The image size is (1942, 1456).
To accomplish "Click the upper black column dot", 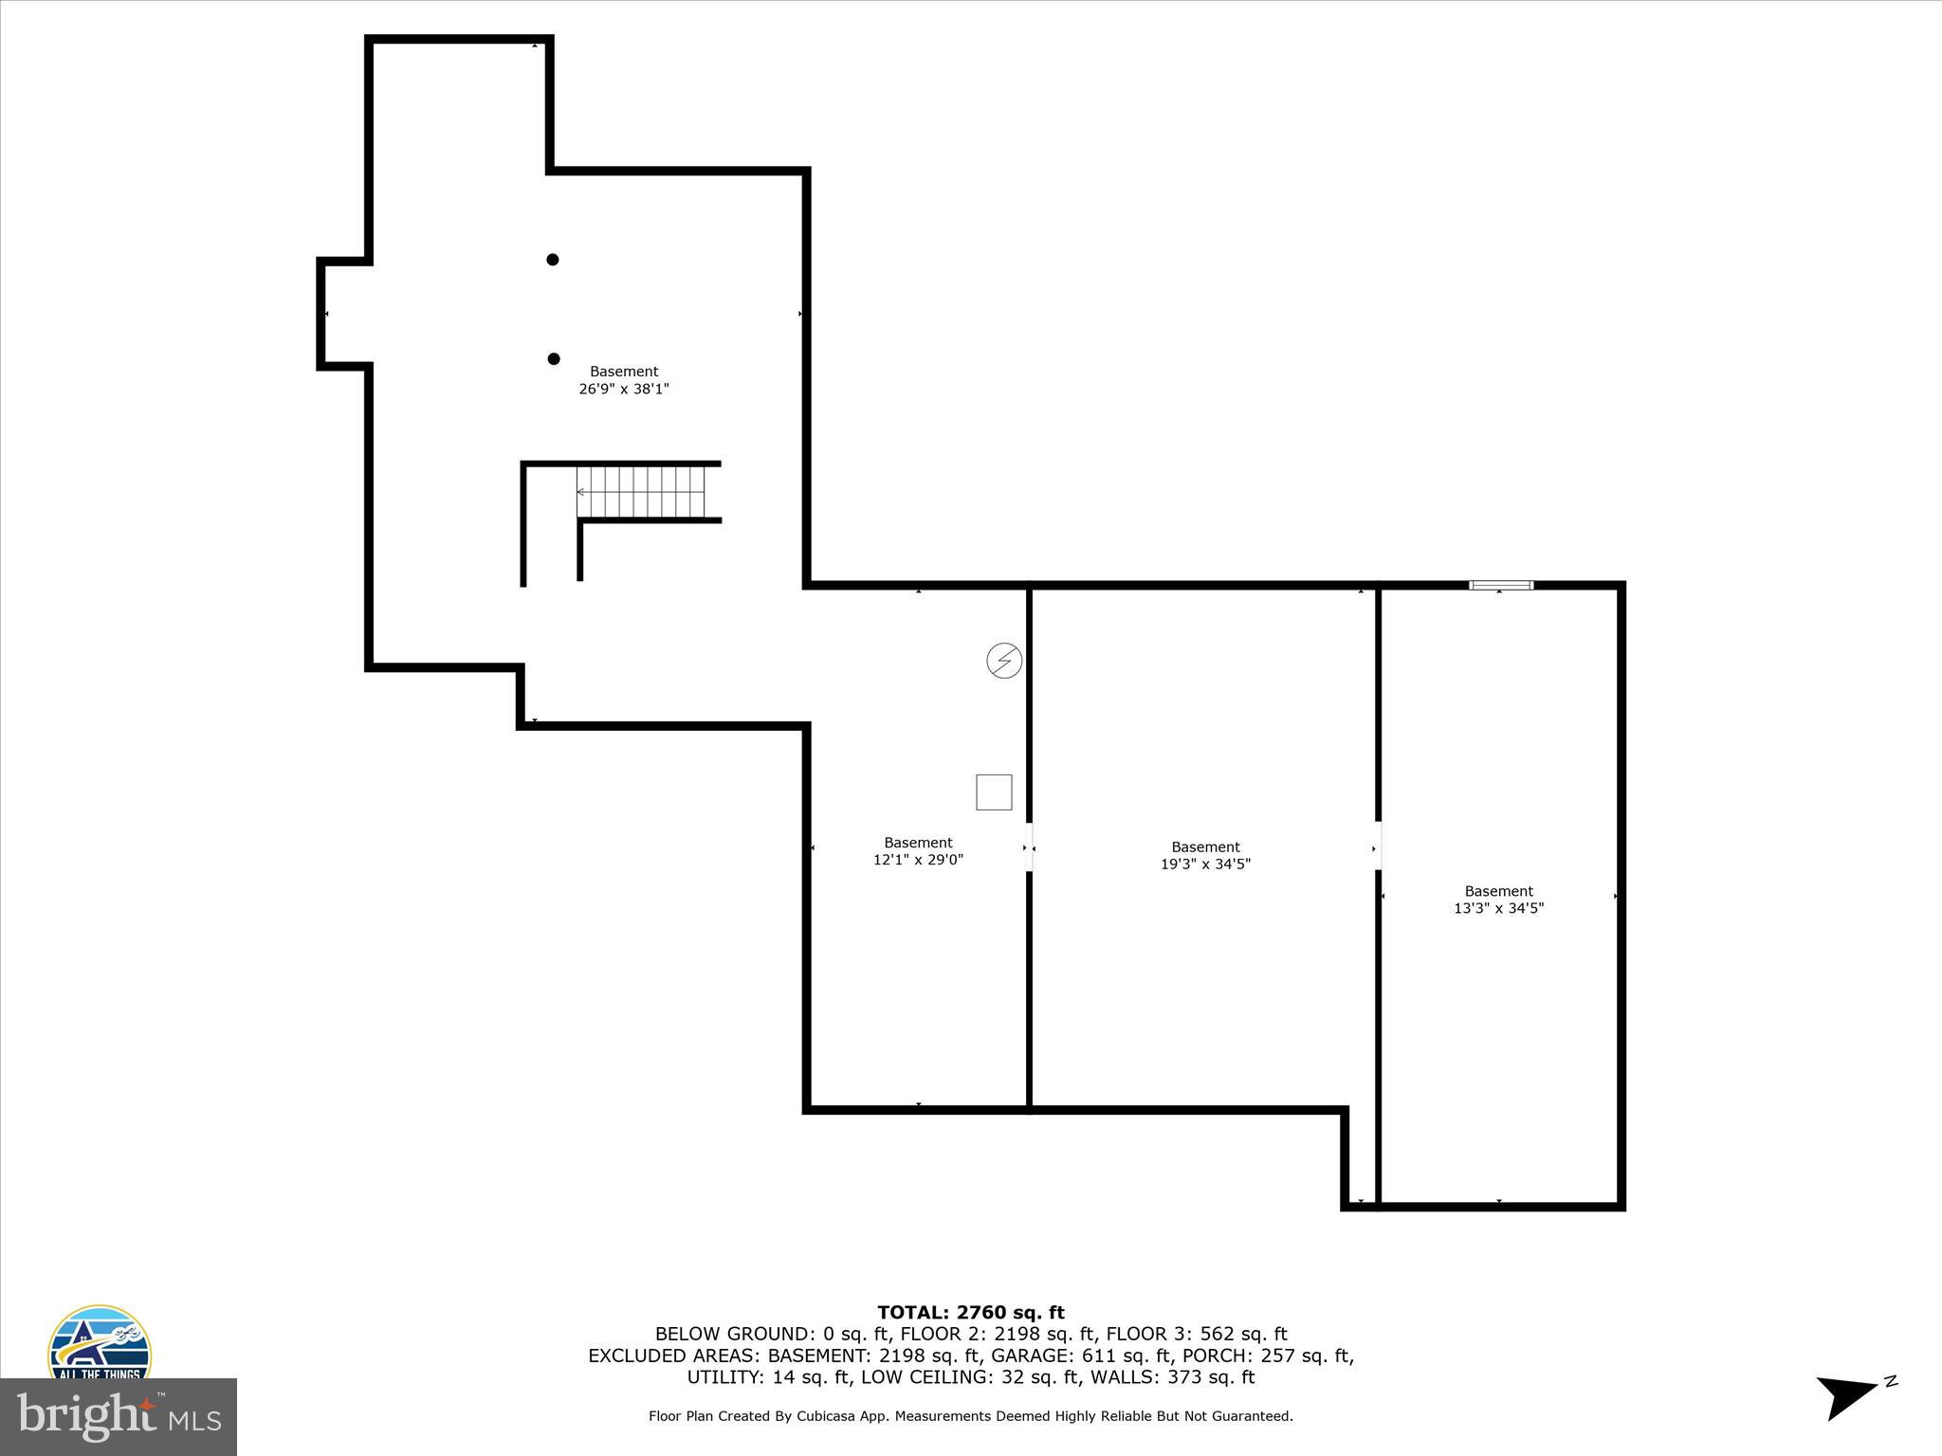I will click(552, 260).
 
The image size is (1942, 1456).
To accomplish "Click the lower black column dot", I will click(554, 358).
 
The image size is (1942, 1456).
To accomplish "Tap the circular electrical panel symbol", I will click(1004, 661).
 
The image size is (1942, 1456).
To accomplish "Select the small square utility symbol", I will click(994, 792).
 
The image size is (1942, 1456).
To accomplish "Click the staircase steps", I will click(642, 492).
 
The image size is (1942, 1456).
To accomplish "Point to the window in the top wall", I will click(1500, 585).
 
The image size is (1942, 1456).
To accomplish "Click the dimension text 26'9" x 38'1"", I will click(624, 389).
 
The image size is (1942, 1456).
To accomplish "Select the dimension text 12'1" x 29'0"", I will click(918, 860).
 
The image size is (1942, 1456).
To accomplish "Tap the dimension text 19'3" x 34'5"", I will click(1205, 864).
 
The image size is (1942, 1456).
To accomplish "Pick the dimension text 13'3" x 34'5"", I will click(1498, 908).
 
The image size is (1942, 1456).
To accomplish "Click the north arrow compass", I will click(1849, 1397).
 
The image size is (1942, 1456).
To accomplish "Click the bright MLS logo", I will click(119, 1416).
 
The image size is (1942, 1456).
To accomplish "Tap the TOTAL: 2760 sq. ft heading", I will click(970, 1313).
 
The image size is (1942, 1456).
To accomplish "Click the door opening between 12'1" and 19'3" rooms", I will click(1029, 846).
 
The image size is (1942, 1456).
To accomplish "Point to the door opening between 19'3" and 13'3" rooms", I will click(1378, 846).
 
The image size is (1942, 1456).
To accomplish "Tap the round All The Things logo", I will click(100, 1346).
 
